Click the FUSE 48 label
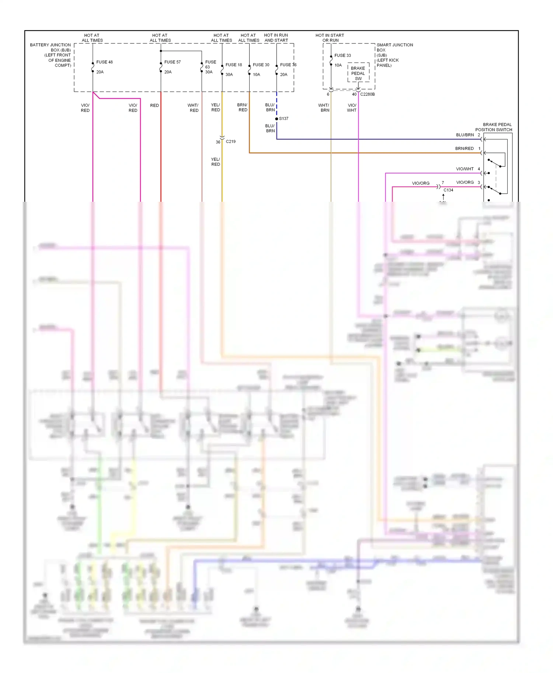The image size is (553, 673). coord(104,62)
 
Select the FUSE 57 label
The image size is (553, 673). coord(172,62)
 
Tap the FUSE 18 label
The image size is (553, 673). coord(234,65)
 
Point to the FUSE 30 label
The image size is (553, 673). coord(261,65)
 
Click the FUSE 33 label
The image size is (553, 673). coord(342,56)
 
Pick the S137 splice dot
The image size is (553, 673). coord(276,119)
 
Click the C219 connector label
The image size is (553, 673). coord(230,141)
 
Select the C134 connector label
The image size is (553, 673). coord(448,190)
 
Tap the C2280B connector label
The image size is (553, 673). coord(367,94)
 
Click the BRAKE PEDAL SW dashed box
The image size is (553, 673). coord(358,73)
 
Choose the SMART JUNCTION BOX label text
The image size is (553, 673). coord(394,55)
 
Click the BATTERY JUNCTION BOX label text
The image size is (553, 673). coord(51,55)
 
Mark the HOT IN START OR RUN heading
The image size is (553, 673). coord(330,38)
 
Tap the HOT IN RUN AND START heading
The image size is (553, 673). coord(276,38)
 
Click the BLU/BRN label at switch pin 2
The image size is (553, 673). coord(465,135)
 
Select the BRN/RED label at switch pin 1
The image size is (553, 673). coord(464,148)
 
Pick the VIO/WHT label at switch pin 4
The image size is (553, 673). coord(465,169)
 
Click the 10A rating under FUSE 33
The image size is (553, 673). coord(338,65)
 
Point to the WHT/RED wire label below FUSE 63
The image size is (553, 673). coord(193,108)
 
